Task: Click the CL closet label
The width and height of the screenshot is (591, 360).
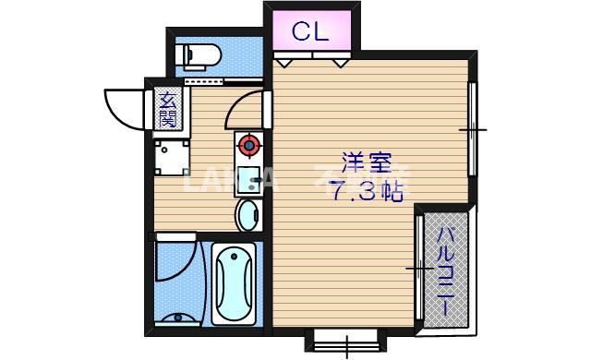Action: [311, 31]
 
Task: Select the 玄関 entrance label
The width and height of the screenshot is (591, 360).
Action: [166, 110]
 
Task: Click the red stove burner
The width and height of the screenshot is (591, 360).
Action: [247, 145]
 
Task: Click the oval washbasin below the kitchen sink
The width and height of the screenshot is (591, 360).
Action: [247, 216]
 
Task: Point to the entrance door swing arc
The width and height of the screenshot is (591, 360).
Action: [125, 105]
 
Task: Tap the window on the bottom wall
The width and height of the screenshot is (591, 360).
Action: [346, 341]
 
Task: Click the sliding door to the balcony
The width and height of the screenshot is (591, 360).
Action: [419, 267]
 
